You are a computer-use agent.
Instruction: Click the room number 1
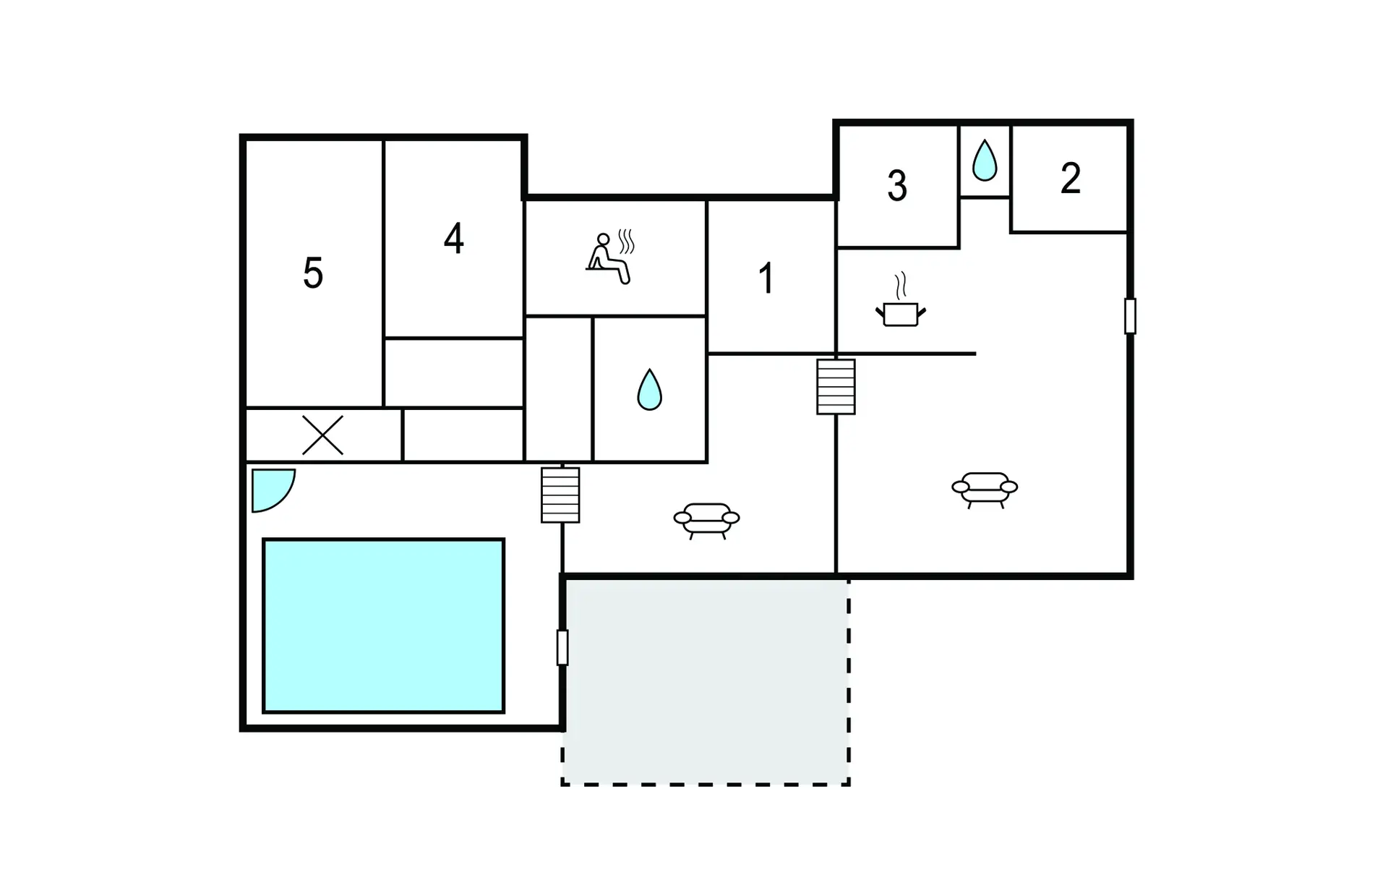click(x=766, y=278)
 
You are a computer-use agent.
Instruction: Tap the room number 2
click(x=1071, y=178)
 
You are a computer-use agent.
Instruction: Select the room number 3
click(x=897, y=186)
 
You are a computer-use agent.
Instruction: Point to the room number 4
click(x=453, y=239)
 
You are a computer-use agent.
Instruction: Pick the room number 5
click(x=313, y=273)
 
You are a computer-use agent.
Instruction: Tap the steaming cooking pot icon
click(x=901, y=300)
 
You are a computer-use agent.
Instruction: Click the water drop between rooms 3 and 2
click(x=985, y=161)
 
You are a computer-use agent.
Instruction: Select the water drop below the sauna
click(x=649, y=390)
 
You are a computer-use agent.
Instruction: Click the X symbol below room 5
click(x=322, y=435)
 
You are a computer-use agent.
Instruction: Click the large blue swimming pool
click(x=383, y=626)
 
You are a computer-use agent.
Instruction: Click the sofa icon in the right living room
click(x=985, y=490)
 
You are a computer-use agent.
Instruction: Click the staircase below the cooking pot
click(x=836, y=387)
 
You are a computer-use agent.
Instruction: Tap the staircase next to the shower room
click(x=560, y=495)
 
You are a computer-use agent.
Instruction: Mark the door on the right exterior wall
click(x=1130, y=316)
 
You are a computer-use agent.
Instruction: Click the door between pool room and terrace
click(x=562, y=647)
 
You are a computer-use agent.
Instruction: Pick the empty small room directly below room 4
click(x=454, y=372)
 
